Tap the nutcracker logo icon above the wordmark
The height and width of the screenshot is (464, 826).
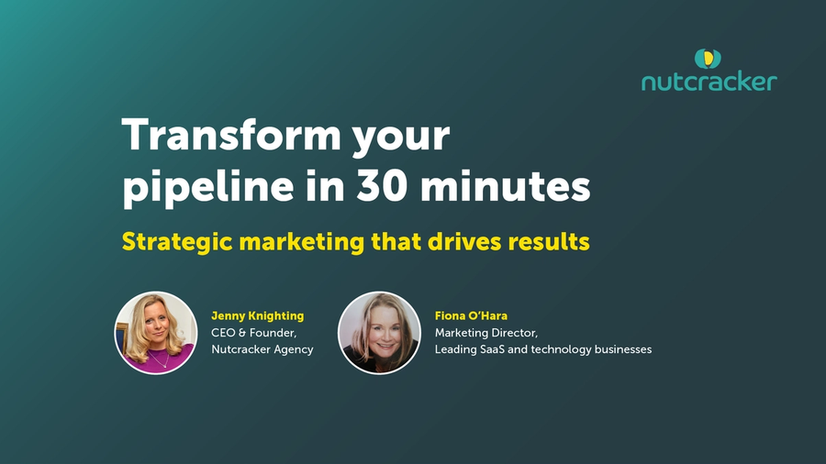pyautogui.click(x=708, y=59)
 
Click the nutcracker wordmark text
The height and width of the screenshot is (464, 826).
pyautogui.click(x=709, y=83)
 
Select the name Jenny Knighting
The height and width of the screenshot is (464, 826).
pyautogui.click(x=257, y=315)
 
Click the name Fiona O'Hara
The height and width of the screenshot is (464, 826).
pyautogui.click(x=471, y=315)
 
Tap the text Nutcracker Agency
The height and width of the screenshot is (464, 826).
pyautogui.click(x=262, y=349)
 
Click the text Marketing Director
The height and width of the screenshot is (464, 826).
pyautogui.click(x=486, y=332)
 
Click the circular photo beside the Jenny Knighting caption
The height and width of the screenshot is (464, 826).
pyautogui.click(x=155, y=333)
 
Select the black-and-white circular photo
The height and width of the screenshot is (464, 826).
pyautogui.click(x=379, y=333)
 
